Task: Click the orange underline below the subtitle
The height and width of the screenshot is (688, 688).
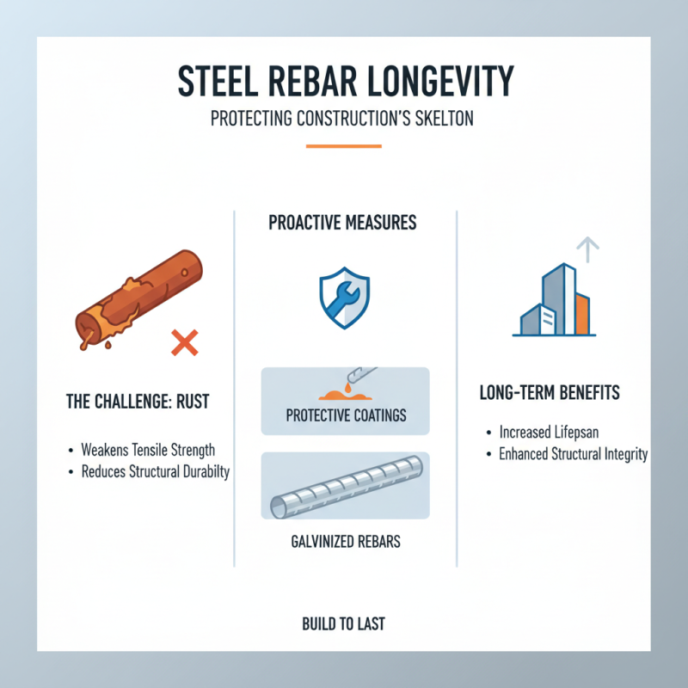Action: [344, 146]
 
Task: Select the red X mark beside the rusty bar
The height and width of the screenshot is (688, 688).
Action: [184, 344]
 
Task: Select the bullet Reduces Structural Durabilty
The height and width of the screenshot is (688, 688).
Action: [155, 472]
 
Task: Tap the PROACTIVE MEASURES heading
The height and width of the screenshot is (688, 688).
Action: [342, 224]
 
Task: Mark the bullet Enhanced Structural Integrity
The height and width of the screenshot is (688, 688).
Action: [573, 454]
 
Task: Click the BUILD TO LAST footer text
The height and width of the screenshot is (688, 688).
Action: [344, 623]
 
